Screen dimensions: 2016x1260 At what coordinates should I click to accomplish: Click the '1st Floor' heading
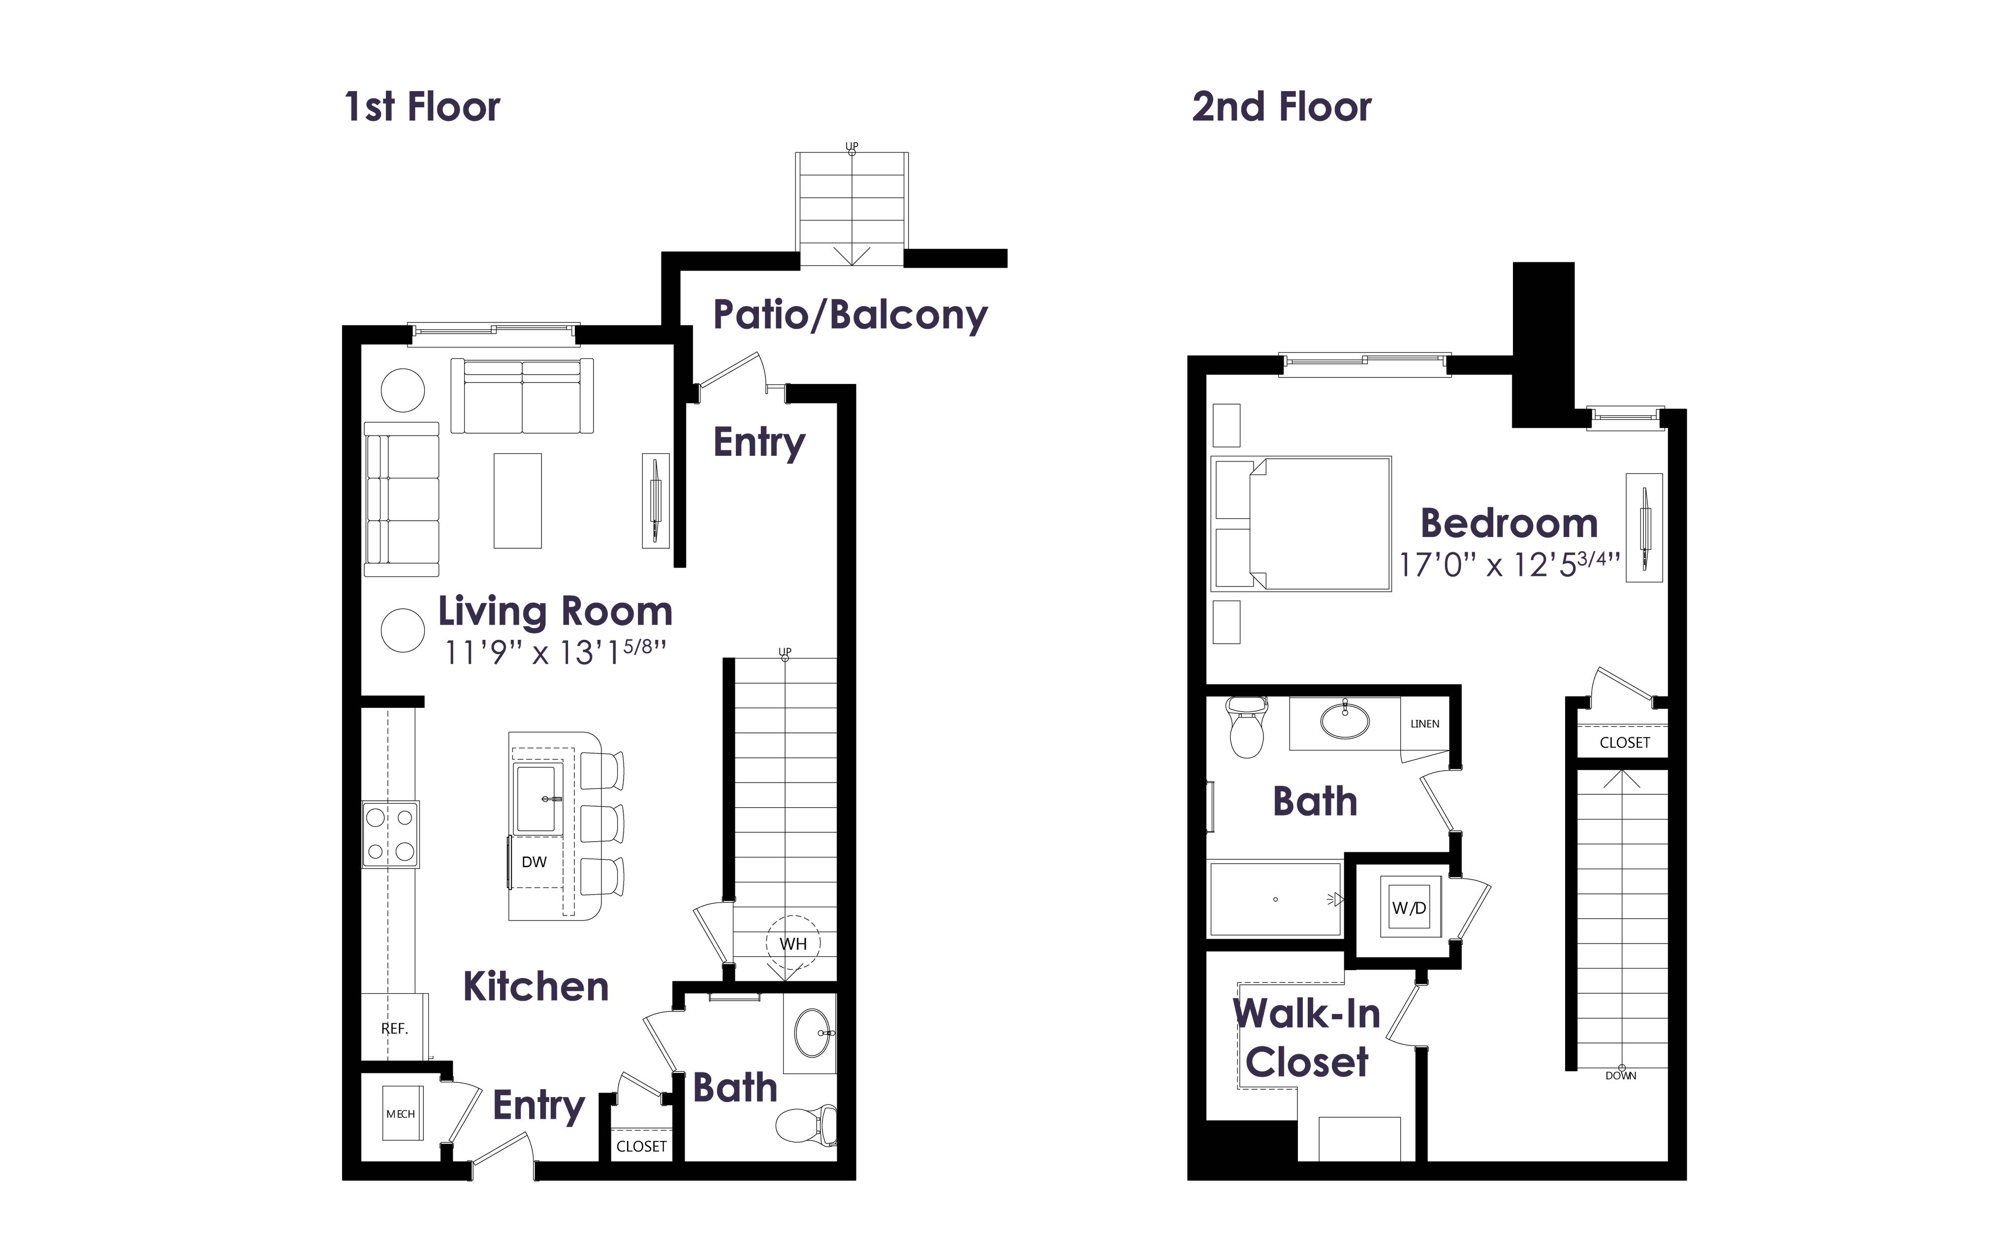coord(422,107)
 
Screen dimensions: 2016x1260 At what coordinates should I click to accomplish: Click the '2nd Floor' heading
coord(1281,107)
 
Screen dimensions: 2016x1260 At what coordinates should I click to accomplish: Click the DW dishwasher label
coord(534,862)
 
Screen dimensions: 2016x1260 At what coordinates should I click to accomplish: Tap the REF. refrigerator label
coord(395,1028)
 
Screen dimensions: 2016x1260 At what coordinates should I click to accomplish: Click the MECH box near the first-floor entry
coord(401,1113)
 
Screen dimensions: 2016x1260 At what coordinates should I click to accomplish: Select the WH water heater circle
coord(793,944)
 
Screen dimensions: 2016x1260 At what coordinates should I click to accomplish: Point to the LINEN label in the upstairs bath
coord(1424,724)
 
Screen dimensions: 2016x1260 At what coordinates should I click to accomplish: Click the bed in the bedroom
coord(1302,523)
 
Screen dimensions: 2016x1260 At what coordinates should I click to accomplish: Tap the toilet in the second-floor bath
coord(1246,727)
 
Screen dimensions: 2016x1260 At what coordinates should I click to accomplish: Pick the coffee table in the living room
coord(517,500)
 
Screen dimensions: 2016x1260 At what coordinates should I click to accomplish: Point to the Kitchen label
coord(535,987)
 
